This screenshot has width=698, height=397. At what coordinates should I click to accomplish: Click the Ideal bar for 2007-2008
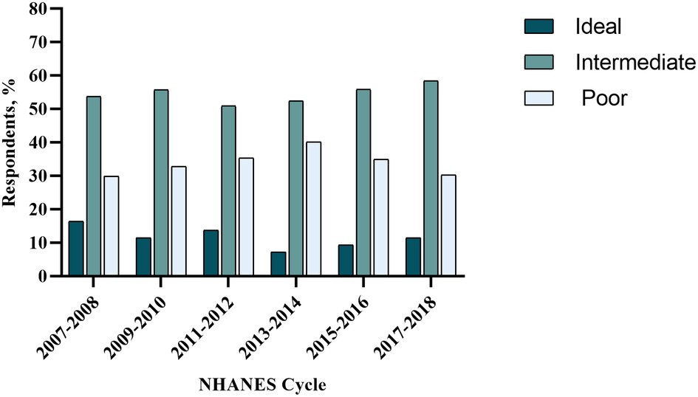[76, 249]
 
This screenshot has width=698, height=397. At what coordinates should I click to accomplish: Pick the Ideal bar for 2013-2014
[278, 264]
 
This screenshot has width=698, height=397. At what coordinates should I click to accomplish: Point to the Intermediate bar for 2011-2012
[228, 191]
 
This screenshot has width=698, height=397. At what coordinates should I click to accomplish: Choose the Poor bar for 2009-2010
[179, 221]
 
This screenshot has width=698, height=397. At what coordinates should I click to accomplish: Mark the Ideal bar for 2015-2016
[346, 260]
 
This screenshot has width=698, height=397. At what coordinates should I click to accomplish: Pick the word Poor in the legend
[604, 98]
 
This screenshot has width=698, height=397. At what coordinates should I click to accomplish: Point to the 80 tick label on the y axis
[39, 10]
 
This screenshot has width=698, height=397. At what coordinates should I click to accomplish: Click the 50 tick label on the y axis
[39, 109]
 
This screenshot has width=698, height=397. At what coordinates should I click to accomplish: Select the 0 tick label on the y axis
[44, 276]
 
